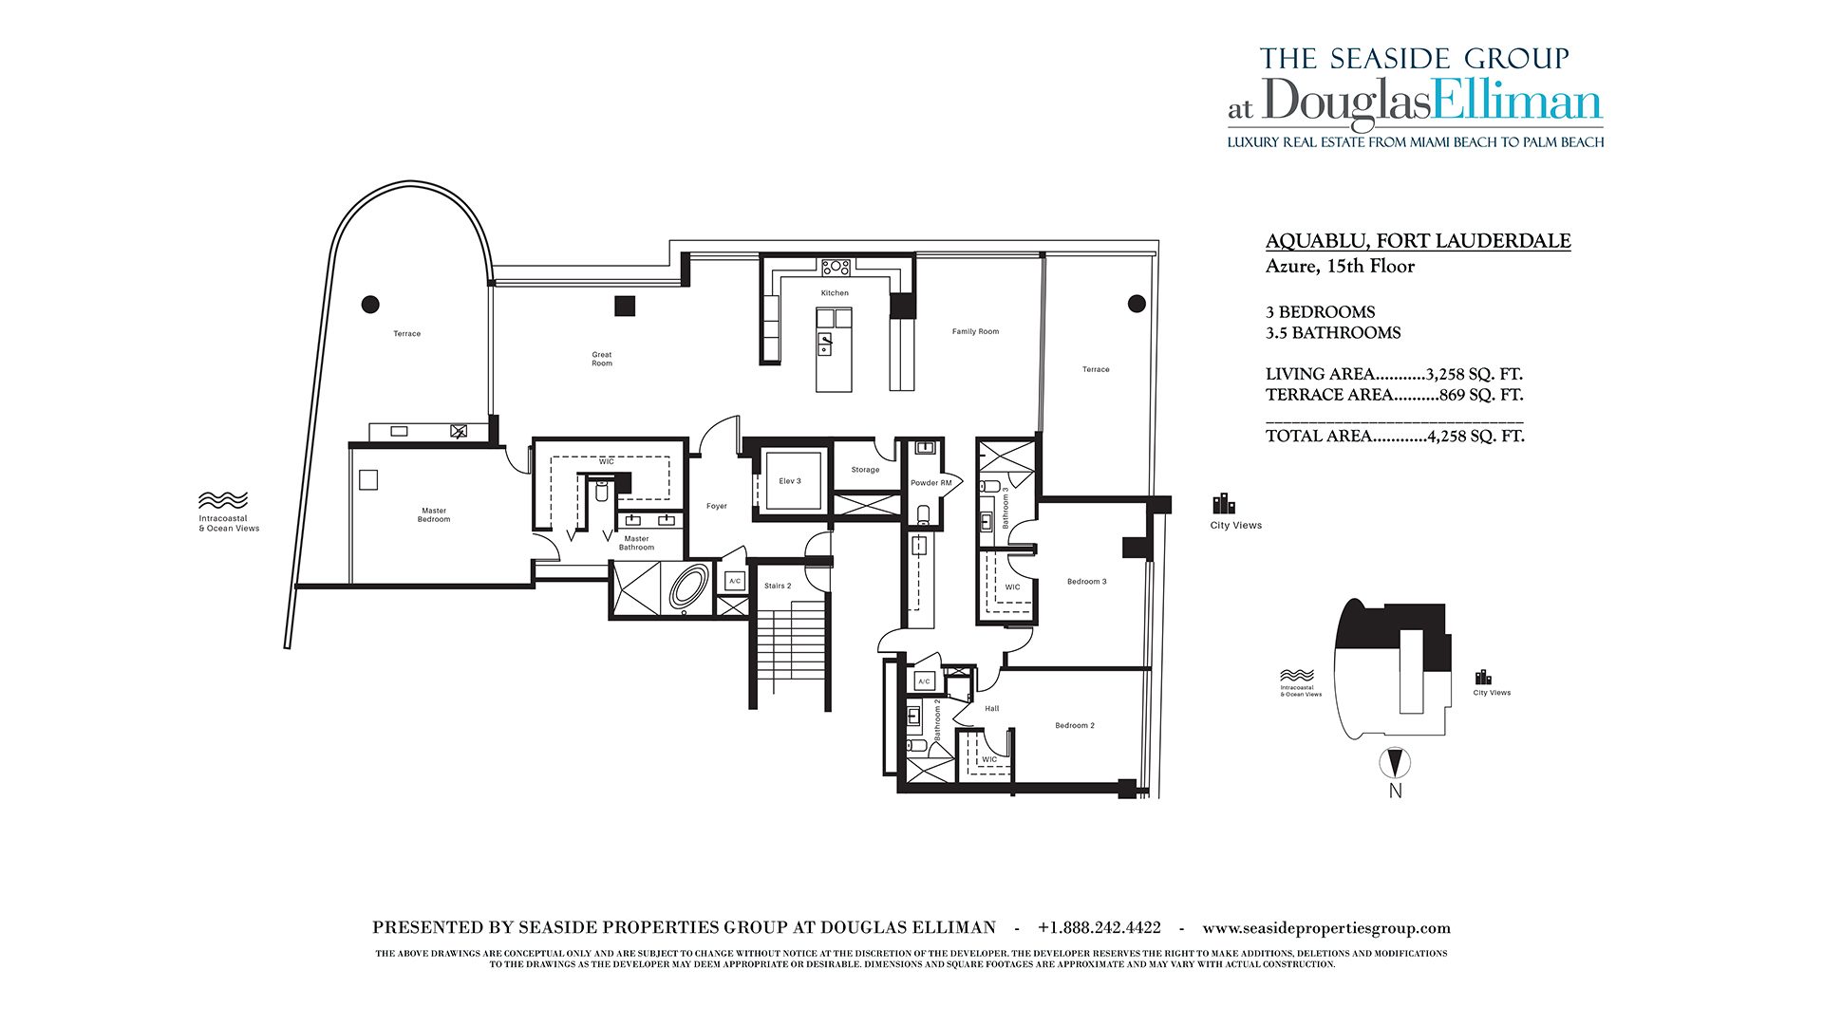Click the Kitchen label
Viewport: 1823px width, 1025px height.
click(x=835, y=293)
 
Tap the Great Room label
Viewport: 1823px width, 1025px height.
click(x=602, y=359)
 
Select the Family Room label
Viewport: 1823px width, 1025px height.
click(x=975, y=332)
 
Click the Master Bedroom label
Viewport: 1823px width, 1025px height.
click(x=434, y=515)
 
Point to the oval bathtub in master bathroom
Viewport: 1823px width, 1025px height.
click(x=689, y=587)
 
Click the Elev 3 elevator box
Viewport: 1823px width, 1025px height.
click(x=790, y=481)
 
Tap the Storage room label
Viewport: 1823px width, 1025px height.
click(x=865, y=470)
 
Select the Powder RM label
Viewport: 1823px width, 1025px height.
click(x=930, y=483)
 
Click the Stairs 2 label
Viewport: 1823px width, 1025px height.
click(x=778, y=587)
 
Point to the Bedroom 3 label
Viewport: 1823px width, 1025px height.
click(x=1086, y=582)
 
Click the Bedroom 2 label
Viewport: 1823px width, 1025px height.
click(x=1075, y=726)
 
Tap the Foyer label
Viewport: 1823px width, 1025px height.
click(x=717, y=507)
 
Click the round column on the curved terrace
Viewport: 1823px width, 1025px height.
click(x=370, y=305)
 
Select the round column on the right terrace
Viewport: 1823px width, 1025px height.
click(x=1137, y=304)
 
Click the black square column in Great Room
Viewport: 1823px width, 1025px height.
click(x=624, y=306)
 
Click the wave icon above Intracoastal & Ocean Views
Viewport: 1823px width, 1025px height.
click(x=223, y=500)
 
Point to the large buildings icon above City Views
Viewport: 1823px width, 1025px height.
click(x=1224, y=504)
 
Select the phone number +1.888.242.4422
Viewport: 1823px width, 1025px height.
click(x=1099, y=928)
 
